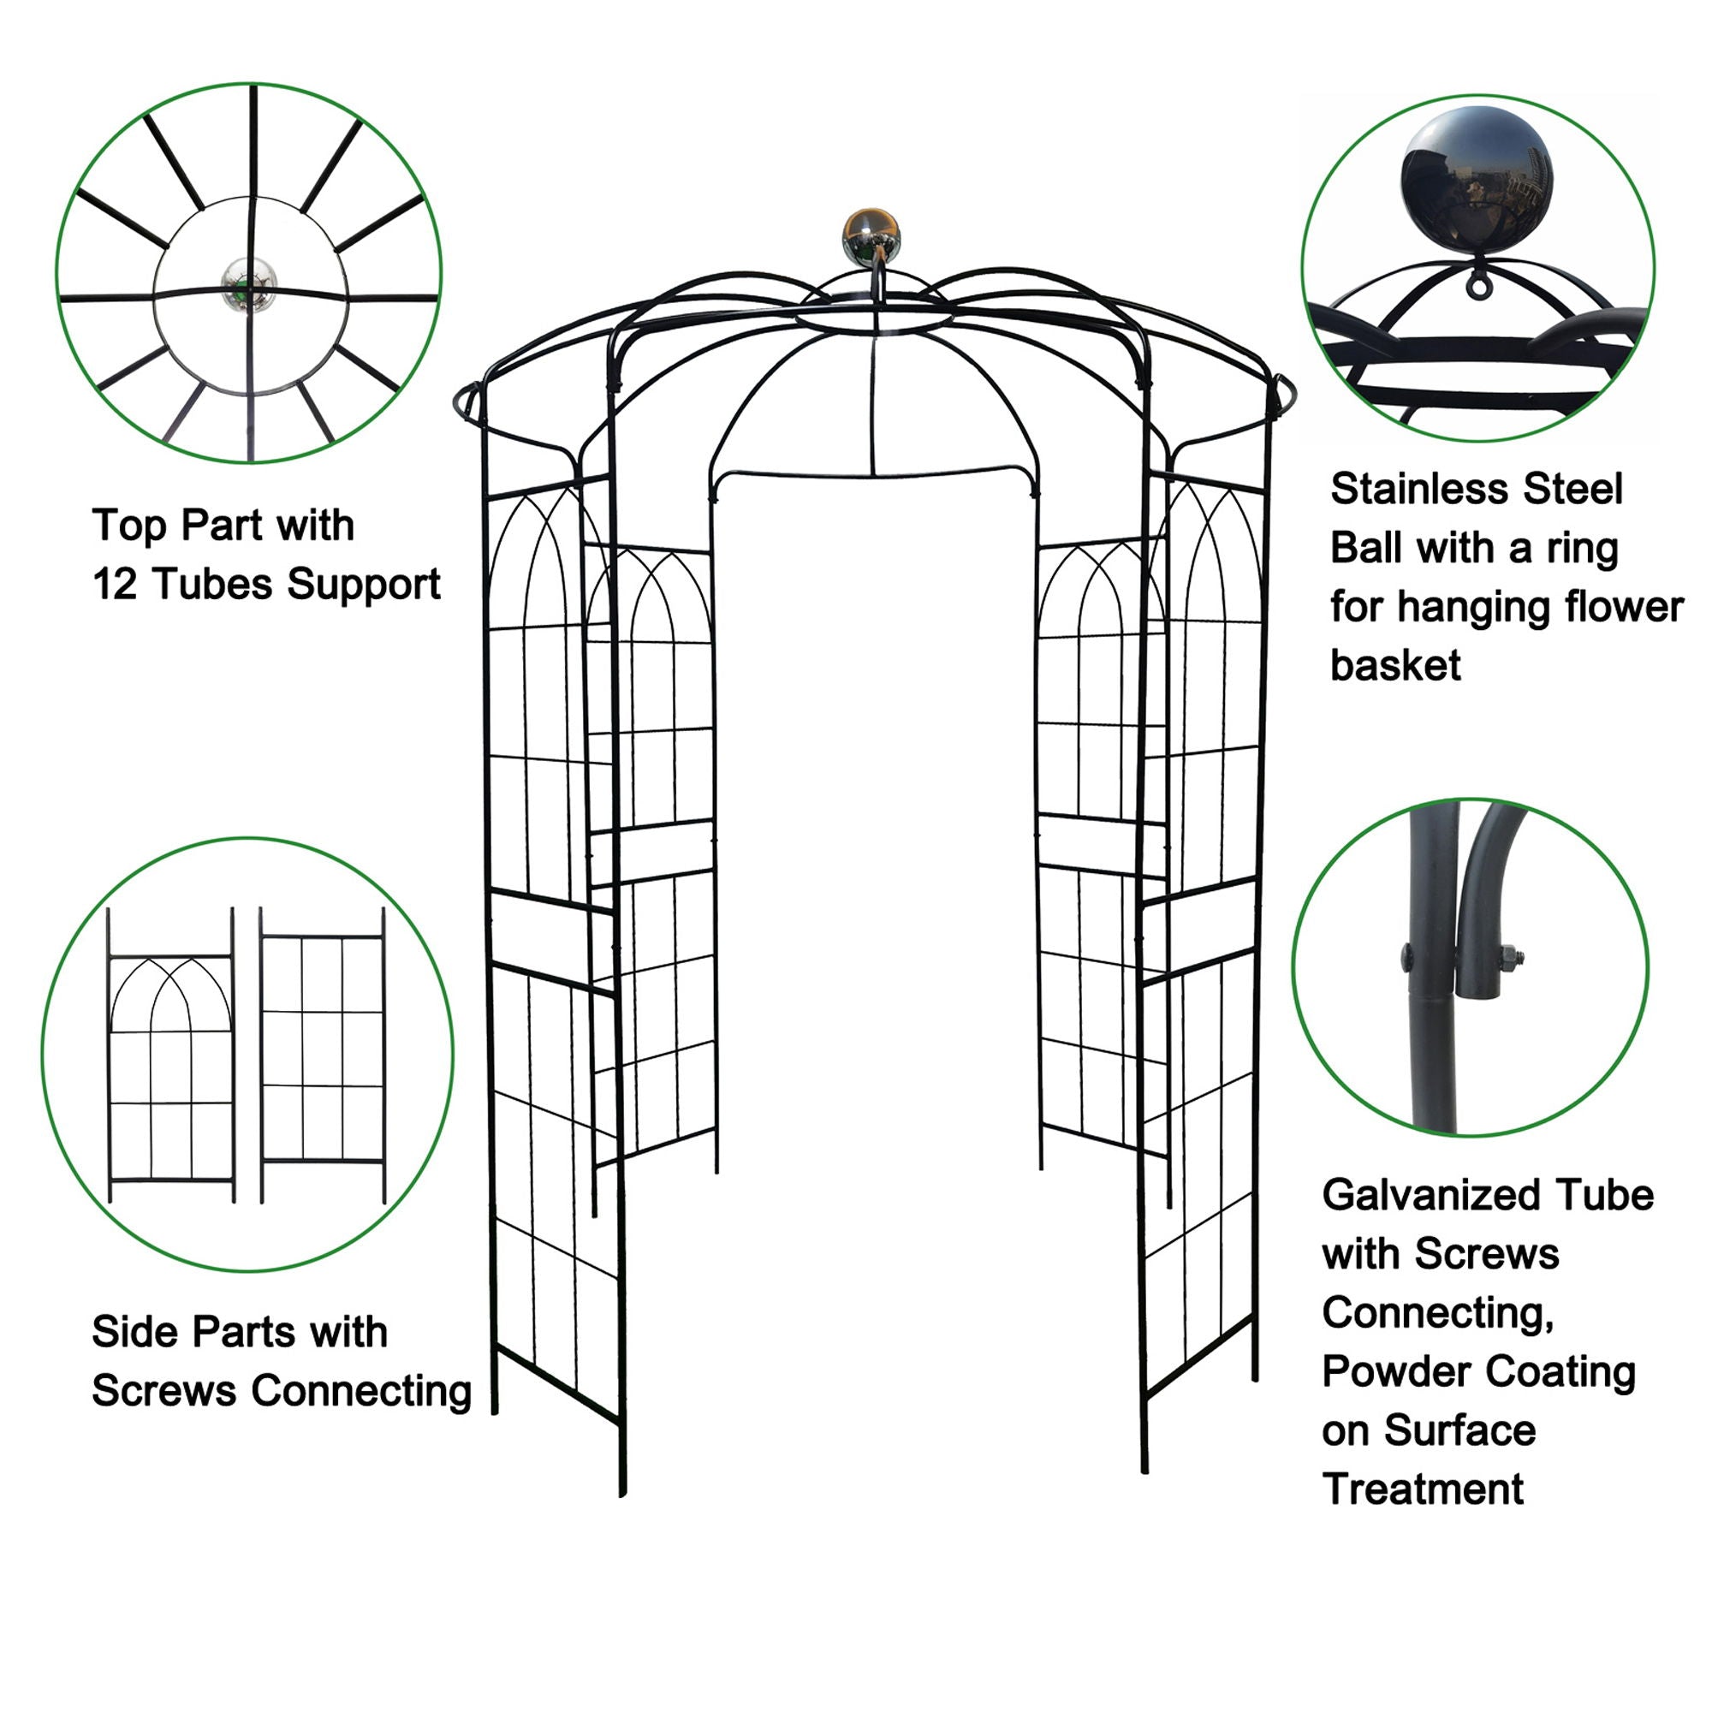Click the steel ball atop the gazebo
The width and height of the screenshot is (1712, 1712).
[x=871, y=236]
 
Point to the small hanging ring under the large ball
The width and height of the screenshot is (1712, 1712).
[x=1477, y=284]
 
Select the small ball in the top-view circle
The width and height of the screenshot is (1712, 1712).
[x=249, y=284]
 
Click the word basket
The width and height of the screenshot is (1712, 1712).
[x=1395, y=665]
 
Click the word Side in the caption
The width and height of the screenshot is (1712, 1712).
[x=134, y=1332]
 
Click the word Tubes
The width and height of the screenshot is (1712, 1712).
[x=211, y=584]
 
